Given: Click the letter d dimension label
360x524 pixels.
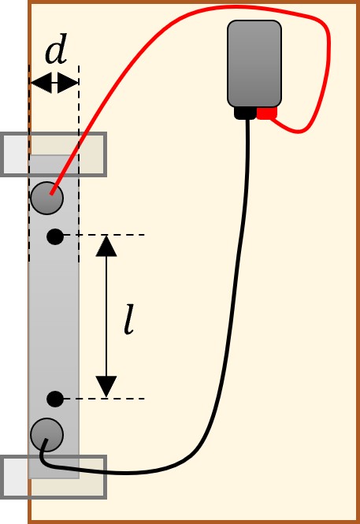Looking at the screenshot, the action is tap(56, 49).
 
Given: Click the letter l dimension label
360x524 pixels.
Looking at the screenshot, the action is tap(129, 319).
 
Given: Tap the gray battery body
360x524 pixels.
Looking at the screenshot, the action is tap(254, 64).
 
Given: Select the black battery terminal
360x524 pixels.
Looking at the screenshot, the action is tap(245, 113).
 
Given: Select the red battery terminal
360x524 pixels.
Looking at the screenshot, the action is tap(267, 113).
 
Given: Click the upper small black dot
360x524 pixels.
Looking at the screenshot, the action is tap(55, 236).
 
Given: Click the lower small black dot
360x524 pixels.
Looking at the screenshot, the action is tap(55, 399).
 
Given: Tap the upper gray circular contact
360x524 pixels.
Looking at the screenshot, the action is tap(46, 198).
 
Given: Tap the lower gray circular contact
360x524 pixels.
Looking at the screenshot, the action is tap(46, 434).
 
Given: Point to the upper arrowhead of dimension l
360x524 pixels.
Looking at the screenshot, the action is tap(106, 246).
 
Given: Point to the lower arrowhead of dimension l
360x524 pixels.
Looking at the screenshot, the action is tap(106, 386).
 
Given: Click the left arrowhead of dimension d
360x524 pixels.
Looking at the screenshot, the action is tap(41, 82).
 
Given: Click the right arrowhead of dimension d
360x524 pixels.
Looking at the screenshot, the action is tap(68, 82).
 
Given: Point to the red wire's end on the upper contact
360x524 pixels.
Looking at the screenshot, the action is tap(51, 193).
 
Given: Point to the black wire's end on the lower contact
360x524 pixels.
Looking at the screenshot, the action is tap(46, 440).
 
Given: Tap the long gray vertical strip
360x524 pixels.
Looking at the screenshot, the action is tap(54, 317).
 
